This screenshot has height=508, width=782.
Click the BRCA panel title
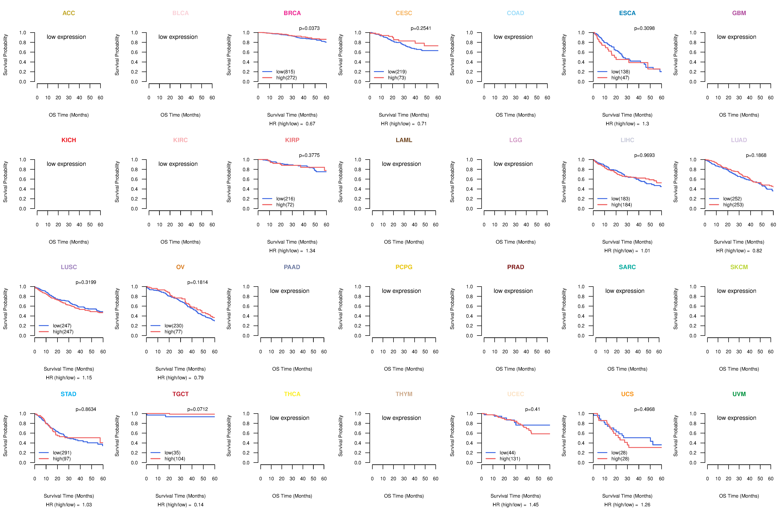click(292, 13)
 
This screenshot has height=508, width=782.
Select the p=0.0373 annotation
click(309, 28)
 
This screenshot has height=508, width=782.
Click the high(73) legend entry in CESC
click(397, 78)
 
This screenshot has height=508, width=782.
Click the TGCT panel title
click(180, 394)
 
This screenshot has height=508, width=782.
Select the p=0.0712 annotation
click(197, 409)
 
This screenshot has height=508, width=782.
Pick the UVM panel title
click(739, 394)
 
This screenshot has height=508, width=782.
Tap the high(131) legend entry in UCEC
click(510, 459)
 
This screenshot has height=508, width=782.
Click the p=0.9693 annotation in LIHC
click(644, 155)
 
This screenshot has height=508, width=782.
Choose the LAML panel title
click(404, 140)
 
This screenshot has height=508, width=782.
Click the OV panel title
click(180, 267)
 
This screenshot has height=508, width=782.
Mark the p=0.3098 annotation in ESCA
click(644, 28)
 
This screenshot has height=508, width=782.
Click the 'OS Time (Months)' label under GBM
click(739, 115)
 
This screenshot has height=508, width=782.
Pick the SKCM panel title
click(739, 267)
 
